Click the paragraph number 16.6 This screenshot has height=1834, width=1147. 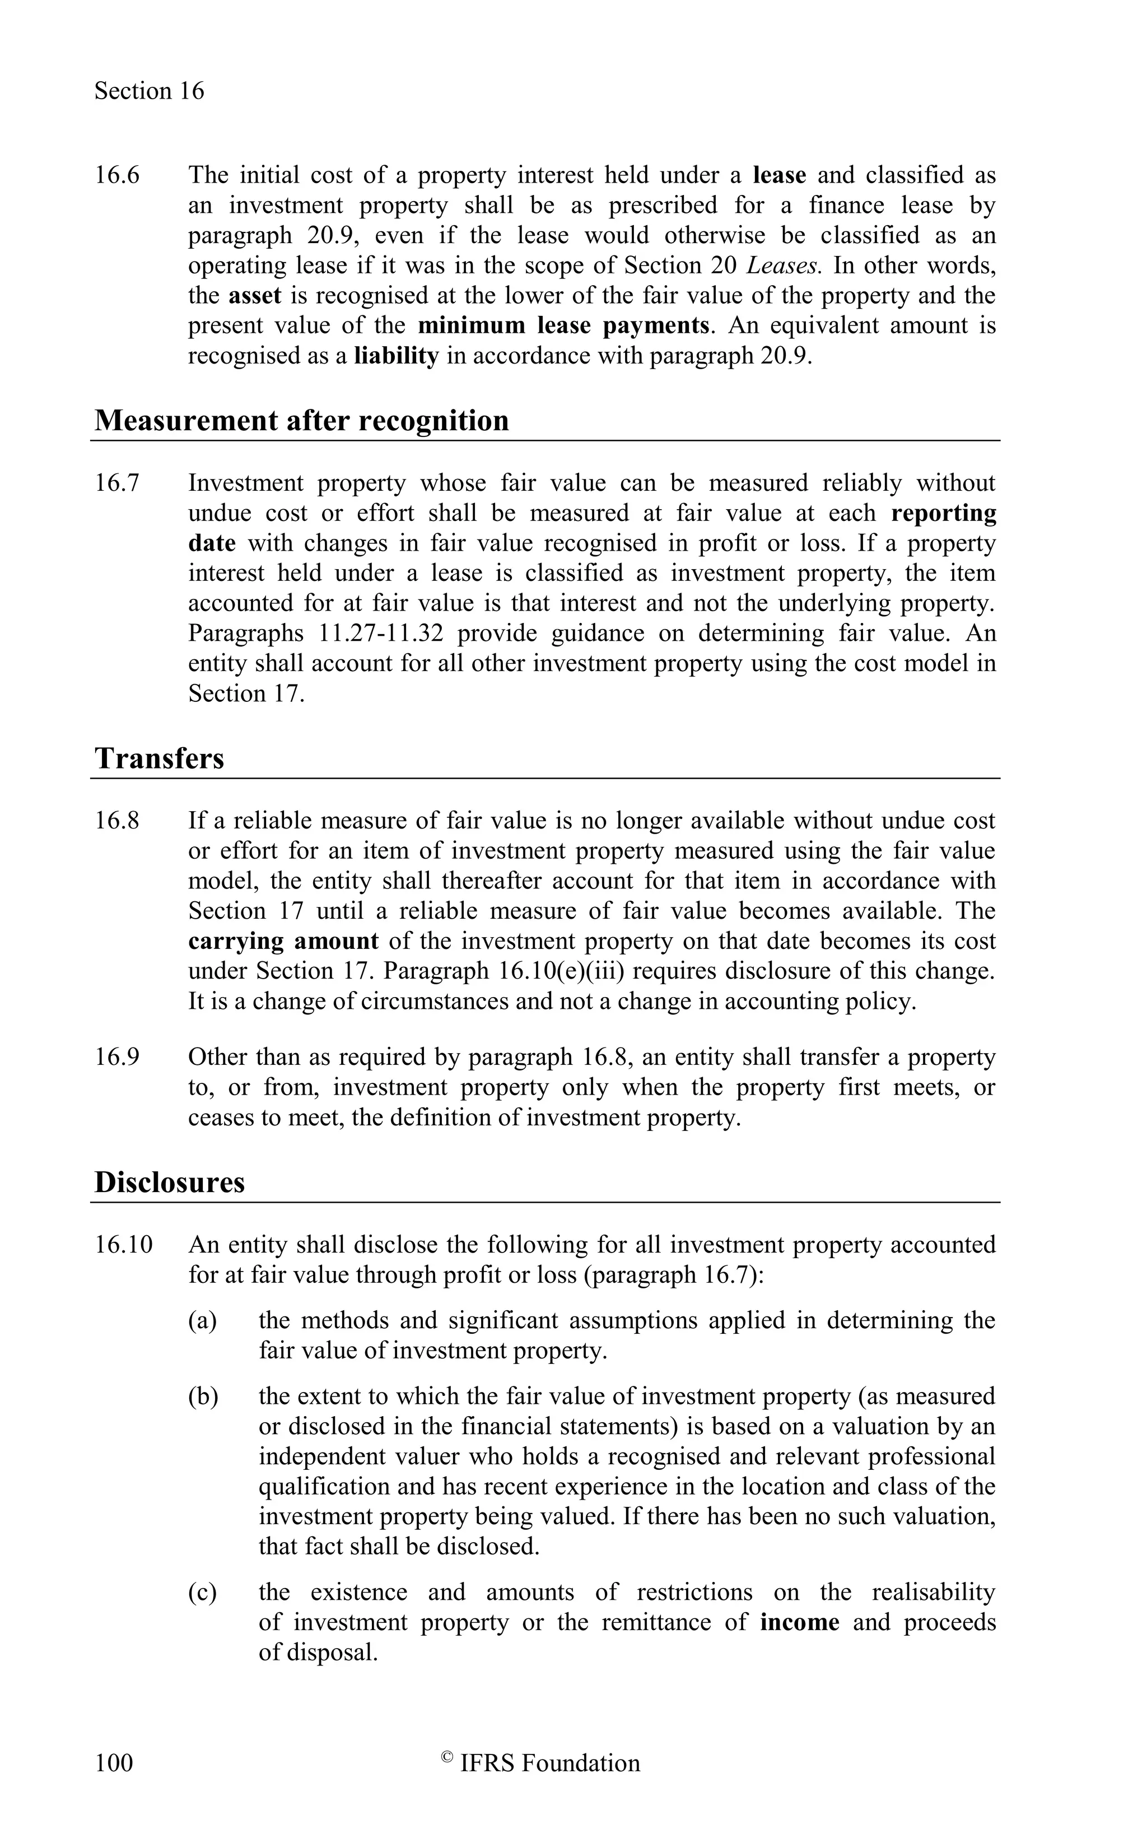coord(117,175)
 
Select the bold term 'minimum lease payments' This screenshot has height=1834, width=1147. coord(563,325)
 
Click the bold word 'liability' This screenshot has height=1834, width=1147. coord(396,356)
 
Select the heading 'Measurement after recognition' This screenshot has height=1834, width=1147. coord(301,420)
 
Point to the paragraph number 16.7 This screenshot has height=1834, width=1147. coord(117,483)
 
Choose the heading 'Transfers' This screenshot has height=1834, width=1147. coord(159,758)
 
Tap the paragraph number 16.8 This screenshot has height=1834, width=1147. coord(117,821)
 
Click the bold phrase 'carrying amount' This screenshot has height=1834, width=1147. coord(283,942)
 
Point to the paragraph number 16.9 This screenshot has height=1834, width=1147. coord(117,1057)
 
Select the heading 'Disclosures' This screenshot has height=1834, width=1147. coord(169,1182)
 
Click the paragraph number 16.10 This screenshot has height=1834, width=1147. coord(123,1245)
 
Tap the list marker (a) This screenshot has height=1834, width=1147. coord(203,1321)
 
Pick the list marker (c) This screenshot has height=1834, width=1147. coord(203,1593)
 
